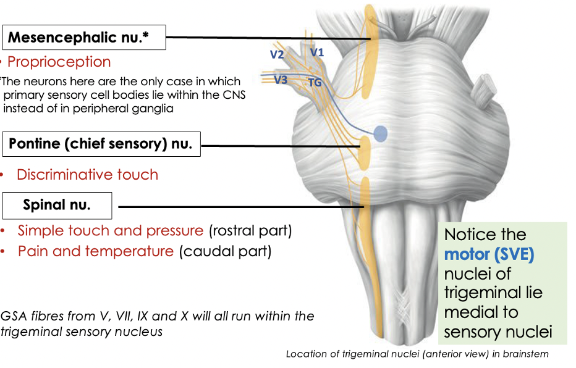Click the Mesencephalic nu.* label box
click(x=85, y=38)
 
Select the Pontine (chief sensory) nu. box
click(x=100, y=145)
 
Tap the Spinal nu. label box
click(x=57, y=206)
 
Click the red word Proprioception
click(x=59, y=62)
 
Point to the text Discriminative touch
click(x=87, y=175)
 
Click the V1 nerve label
click(x=317, y=53)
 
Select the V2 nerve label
click(x=276, y=54)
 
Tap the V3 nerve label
click(x=281, y=80)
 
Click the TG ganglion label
click(x=315, y=82)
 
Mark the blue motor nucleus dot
click(x=381, y=133)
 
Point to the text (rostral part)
click(x=250, y=231)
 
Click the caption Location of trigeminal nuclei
click(x=417, y=354)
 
